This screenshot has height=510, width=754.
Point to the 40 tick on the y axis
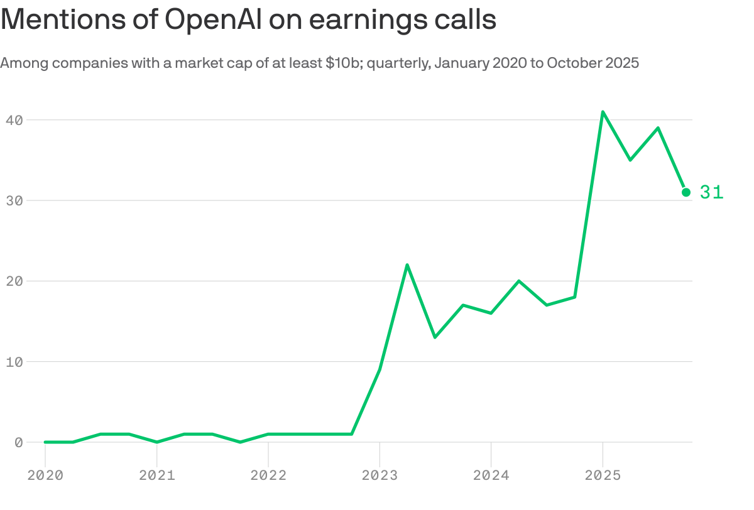click(14, 119)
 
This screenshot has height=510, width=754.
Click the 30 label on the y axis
click(14, 200)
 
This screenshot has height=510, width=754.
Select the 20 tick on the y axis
click(14, 281)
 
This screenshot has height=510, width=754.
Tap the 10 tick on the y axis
click(14, 362)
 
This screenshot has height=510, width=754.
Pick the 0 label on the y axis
click(19, 442)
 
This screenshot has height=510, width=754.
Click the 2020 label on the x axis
click(45, 475)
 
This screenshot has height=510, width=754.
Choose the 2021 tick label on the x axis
click(156, 475)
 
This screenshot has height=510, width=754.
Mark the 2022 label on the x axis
click(268, 475)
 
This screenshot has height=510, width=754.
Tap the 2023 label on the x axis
click(380, 475)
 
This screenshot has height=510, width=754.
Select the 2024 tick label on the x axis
click(491, 475)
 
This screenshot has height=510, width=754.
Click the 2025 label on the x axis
click(603, 475)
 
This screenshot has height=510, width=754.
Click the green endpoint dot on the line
click(686, 192)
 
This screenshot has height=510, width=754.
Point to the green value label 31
click(712, 192)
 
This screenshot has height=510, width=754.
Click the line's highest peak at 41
click(603, 112)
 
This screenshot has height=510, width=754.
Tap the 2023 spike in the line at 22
click(407, 265)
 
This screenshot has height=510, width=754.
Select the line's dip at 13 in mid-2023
click(435, 337)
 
